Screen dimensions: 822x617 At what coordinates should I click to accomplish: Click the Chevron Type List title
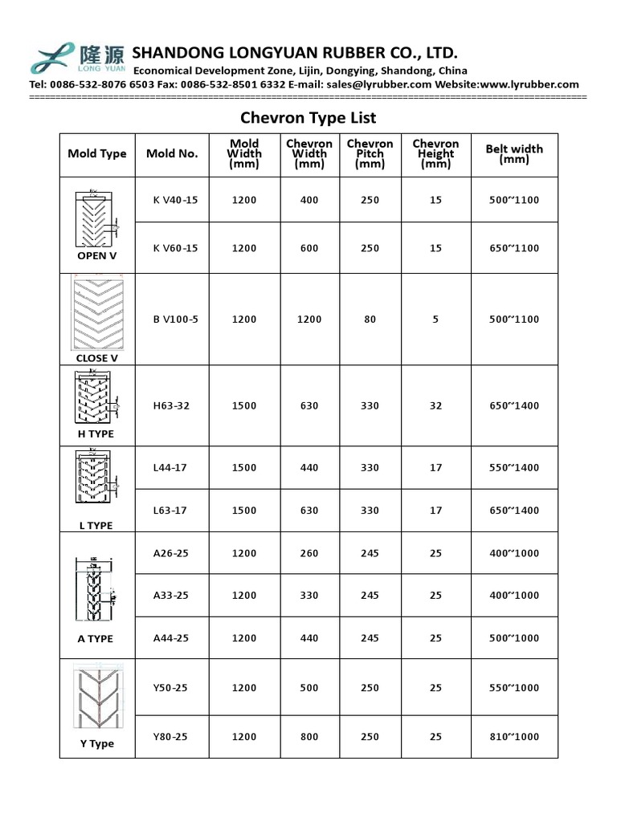click(309, 118)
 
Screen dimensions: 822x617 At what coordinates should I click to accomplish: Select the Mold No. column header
click(172, 153)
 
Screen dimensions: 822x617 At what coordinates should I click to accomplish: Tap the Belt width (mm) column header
click(514, 153)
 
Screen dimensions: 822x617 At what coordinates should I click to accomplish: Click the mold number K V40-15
click(175, 200)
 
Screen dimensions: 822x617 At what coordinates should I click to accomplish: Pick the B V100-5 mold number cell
click(175, 319)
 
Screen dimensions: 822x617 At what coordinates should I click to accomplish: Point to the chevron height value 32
click(435, 405)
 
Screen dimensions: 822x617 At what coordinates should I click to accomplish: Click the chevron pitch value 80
click(370, 319)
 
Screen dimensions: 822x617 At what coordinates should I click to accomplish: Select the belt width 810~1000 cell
click(514, 737)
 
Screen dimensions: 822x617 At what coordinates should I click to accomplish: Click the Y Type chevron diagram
click(96, 695)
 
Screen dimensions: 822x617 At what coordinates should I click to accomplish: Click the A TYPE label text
click(96, 639)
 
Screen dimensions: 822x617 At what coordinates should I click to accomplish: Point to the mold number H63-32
click(171, 405)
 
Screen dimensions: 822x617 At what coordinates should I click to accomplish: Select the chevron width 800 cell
click(309, 737)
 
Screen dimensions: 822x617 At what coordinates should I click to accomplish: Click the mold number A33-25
click(171, 596)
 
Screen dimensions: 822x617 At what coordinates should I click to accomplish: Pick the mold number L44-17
click(170, 467)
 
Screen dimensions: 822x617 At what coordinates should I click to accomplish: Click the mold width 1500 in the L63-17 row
click(244, 511)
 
